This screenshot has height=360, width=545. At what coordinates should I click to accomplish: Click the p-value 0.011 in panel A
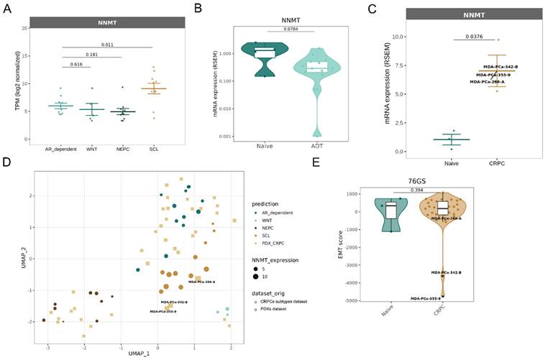(x=107, y=44)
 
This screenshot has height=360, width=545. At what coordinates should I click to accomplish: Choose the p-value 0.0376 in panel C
(x=472, y=37)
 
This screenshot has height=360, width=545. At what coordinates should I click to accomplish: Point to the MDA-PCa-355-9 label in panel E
(x=426, y=298)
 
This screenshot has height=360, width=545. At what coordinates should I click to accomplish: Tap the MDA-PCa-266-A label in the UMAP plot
(x=204, y=282)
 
